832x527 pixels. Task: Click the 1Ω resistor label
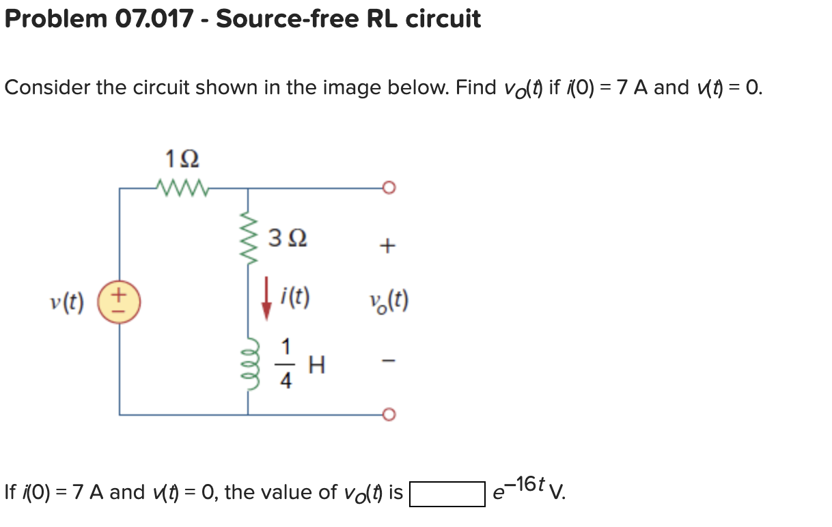click(182, 159)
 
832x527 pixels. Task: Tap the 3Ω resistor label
click(288, 239)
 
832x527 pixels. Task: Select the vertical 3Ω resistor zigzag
click(247, 240)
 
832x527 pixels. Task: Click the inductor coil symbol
click(247, 361)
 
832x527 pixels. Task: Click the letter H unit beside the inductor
click(316, 367)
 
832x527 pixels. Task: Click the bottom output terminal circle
click(390, 414)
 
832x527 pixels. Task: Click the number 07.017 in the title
click(153, 18)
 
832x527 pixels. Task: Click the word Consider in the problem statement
click(47, 87)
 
